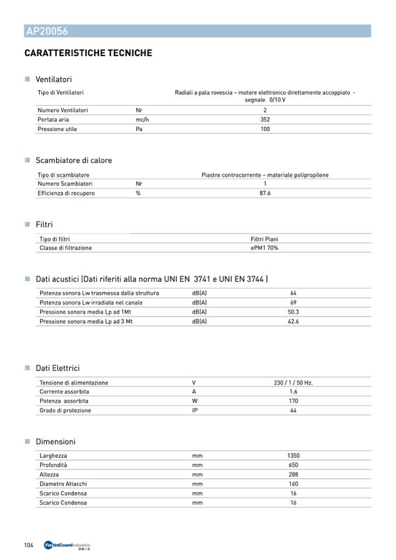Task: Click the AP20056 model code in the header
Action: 47,32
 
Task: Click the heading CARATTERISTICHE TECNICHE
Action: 88,53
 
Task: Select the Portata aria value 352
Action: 265,120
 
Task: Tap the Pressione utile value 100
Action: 265,129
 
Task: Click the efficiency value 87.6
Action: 265,193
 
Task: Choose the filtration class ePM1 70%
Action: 264,248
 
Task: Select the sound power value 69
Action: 293,302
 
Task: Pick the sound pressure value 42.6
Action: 293,322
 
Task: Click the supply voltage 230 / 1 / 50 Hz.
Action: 293,383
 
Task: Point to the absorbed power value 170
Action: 293,401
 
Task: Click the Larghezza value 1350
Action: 293,455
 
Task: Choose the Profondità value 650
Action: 293,465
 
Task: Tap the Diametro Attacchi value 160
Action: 293,484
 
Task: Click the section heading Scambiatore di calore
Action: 74,161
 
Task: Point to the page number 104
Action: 29,545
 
